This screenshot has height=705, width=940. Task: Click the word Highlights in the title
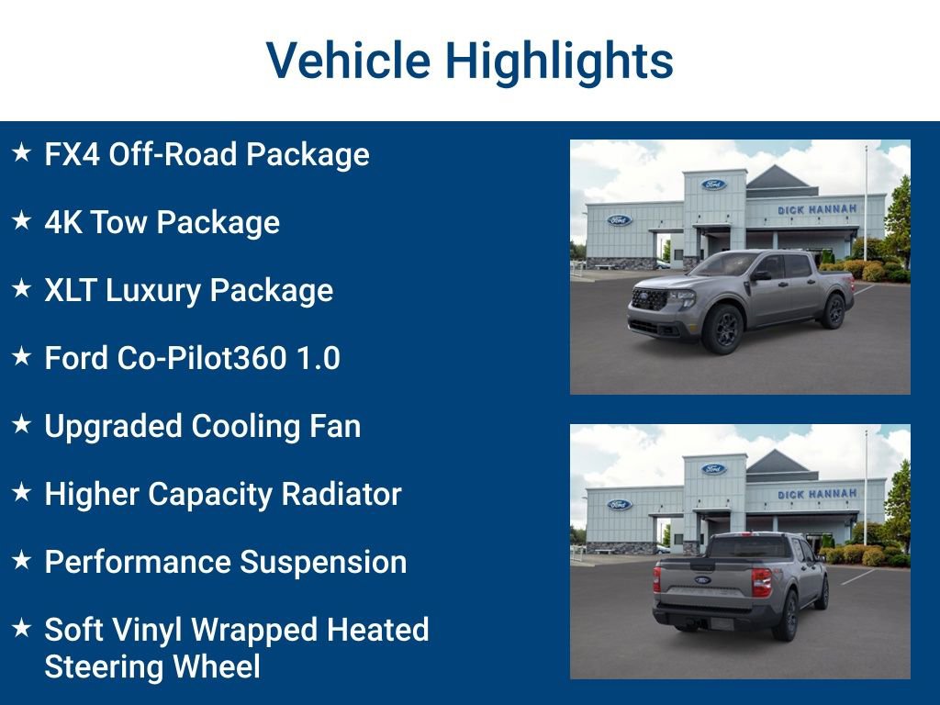coord(559,62)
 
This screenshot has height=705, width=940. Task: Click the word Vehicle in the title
coord(348,62)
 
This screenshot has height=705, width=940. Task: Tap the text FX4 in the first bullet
coord(72,154)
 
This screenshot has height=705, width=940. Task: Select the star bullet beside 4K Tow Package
coord(22,221)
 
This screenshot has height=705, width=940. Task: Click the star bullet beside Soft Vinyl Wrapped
coord(22,629)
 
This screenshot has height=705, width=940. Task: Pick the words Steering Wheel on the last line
coord(152,666)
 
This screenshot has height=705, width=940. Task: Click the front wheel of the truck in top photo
coord(722,328)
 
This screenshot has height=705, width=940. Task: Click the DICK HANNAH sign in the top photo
coord(817,209)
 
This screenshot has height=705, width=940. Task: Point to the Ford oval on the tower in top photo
coord(713,185)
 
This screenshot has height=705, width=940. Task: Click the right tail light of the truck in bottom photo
coord(761,582)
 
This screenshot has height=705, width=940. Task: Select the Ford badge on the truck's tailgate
coord(702,580)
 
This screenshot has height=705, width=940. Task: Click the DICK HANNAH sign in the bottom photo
coord(817,494)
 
